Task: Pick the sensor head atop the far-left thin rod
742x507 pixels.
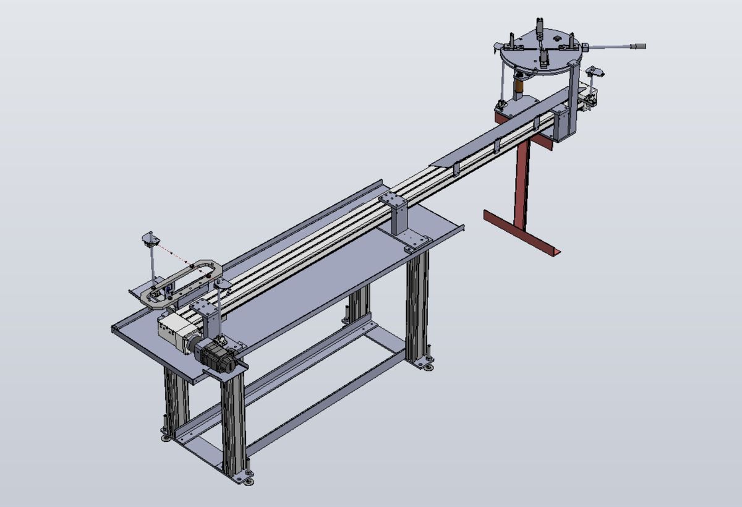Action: click(150, 238)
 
